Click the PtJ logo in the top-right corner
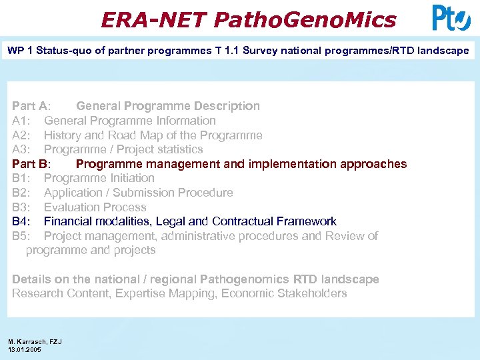coord(451,18)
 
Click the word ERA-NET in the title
coord(153,20)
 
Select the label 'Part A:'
coord(31,106)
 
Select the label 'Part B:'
coord(31,164)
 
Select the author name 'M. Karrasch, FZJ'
coord(35,341)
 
